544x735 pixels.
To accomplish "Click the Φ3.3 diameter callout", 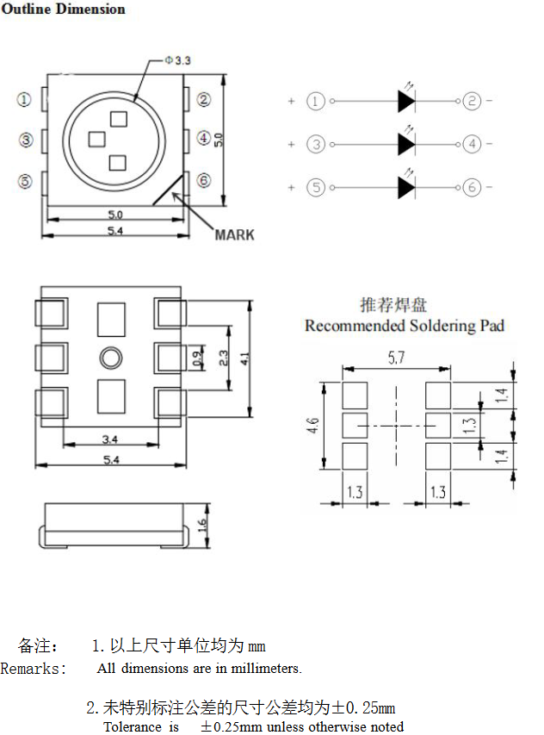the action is (177, 60).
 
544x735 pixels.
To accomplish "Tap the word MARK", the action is (234, 235).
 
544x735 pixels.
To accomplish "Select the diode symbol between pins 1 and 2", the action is (406, 101).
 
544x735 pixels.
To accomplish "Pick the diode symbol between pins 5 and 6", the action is (406, 188).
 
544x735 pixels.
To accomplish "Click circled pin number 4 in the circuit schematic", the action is (472, 144).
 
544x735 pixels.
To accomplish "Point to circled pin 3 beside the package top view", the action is (26, 140).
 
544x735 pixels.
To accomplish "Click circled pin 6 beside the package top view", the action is (204, 180).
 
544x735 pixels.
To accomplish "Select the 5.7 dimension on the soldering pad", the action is (396, 358).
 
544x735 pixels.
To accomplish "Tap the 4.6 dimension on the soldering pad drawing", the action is (312, 426).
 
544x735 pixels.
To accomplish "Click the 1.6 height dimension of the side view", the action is (202, 525).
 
